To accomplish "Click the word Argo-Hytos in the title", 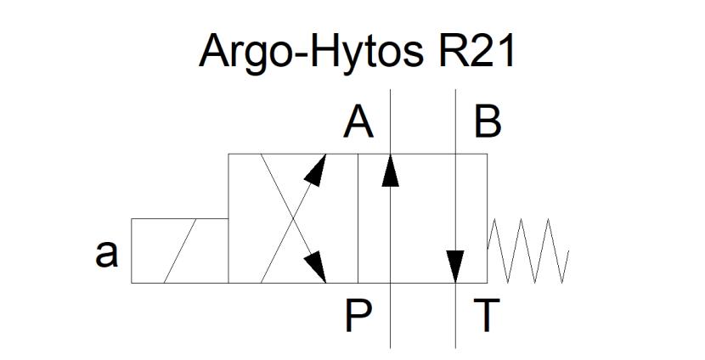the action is [311, 53].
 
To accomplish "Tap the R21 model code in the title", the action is [477, 51].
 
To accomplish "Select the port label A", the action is [358, 124].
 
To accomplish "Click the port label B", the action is [488, 124].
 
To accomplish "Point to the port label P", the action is [358, 316].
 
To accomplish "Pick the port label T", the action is [487, 316].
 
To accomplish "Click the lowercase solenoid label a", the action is [106, 254].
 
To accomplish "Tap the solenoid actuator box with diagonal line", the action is [180, 250].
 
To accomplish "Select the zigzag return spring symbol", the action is [528, 250].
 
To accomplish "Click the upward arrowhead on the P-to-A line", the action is [390, 170].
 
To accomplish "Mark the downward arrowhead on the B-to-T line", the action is [455, 267].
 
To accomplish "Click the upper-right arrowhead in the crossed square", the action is [316, 170].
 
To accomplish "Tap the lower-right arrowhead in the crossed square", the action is [316, 267].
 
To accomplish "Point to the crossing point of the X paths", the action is [294, 218].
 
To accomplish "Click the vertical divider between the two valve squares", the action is [358, 218].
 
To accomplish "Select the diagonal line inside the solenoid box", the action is [180, 250].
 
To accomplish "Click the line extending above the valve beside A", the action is [390, 121].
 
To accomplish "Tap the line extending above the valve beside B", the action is [455, 121].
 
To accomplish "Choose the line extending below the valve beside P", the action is [390, 316].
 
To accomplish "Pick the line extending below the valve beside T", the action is [455, 316].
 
